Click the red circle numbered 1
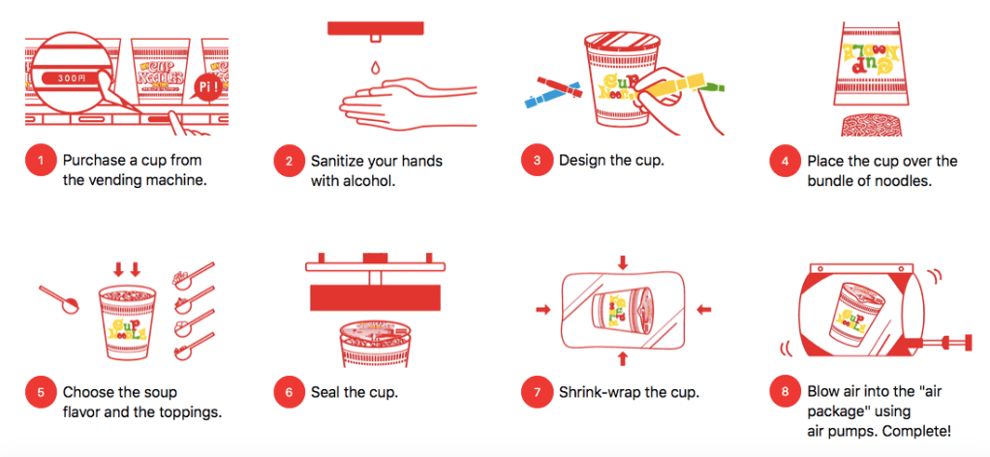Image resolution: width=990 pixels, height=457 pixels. [x=41, y=161]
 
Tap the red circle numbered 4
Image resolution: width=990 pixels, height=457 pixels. [x=785, y=161]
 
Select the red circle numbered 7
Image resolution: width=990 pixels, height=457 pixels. [x=537, y=393]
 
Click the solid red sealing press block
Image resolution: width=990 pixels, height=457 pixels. [x=375, y=297]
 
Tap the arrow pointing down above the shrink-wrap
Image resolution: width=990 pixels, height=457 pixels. [x=623, y=262]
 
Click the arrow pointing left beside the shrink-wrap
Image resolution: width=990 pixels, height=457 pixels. [x=703, y=309]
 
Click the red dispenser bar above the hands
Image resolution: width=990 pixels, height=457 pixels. [x=375, y=28]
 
